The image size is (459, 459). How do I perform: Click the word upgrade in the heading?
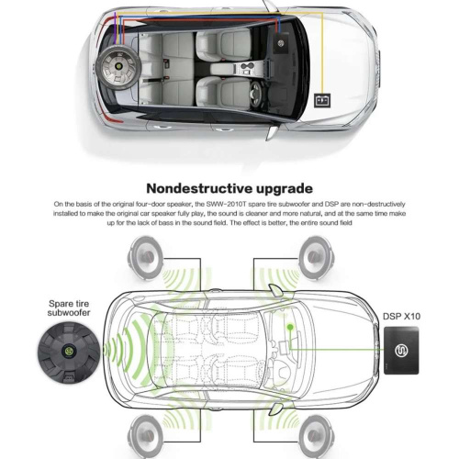tap(285, 190)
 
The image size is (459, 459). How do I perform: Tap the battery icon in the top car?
tap(322, 101)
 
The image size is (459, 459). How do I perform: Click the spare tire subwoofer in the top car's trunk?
tap(118, 66)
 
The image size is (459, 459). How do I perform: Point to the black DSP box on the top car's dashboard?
tap(282, 42)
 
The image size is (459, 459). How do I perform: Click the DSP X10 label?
tap(401, 316)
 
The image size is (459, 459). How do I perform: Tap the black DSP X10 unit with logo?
tap(401, 351)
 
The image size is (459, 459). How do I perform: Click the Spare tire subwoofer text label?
tap(69, 308)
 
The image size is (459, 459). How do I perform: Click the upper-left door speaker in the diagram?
tap(145, 257)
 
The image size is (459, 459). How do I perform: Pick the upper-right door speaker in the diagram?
tap(316, 257)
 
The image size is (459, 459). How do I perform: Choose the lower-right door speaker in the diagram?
tap(316, 435)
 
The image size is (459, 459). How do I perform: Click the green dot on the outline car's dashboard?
tap(290, 327)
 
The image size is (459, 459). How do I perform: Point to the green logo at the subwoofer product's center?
tap(68, 350)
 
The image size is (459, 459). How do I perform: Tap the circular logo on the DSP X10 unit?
tap(401, 351)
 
